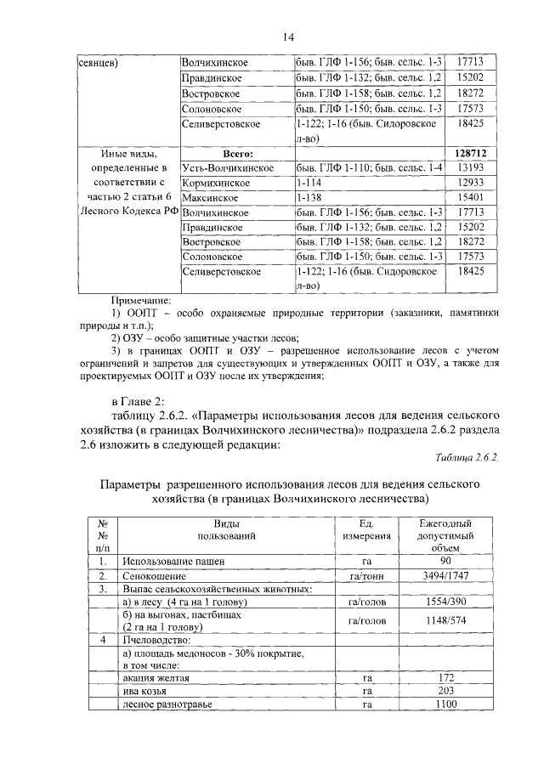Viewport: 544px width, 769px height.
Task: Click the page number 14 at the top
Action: click(288, 36)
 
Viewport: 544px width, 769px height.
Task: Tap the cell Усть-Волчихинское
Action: click(227, 168)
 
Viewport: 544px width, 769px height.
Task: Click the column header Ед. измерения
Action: click(367, 529)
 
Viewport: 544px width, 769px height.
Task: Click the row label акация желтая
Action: click(156, 680)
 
